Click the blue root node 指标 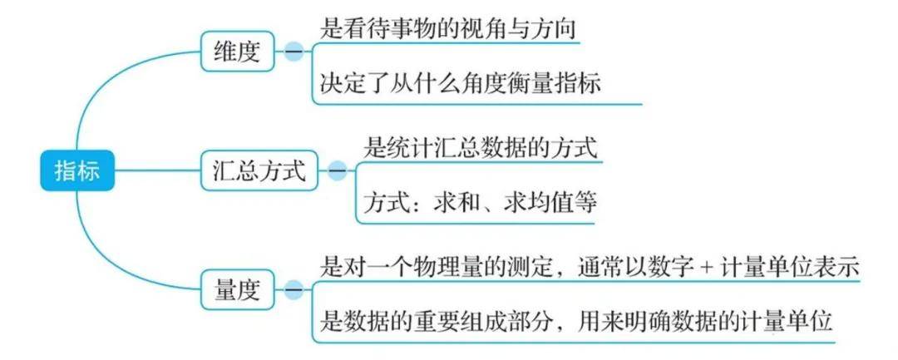(x=76, y=172)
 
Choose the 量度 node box (x=237, y=290)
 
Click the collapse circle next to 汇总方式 (x=337, y=172)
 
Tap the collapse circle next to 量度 (x=293, y=290)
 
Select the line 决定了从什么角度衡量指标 (x=460, y=84)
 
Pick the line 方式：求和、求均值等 (x=481, y=204)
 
